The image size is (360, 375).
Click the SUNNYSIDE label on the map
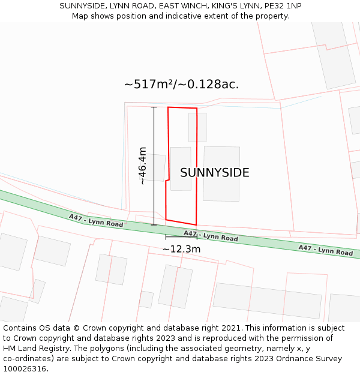(x=214, y=173)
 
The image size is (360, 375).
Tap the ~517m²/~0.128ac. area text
(x=181, y=85)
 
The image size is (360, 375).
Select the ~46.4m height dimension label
(x=142, y=166)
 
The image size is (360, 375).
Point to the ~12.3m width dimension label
(x=181, y=249)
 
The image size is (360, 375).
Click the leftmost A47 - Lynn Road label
(x=96, y=221)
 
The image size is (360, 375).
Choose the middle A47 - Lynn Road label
(x=211, y=236)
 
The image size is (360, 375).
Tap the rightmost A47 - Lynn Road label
(x=325, y=250)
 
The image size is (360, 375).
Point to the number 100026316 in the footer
(x=25, y=369)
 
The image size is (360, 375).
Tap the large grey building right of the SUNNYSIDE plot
(x=221, y=173)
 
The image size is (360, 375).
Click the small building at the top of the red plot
(x=197, y=127)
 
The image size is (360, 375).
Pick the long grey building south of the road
(x=267, y=301)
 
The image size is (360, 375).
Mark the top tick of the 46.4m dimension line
(x=154, y=107)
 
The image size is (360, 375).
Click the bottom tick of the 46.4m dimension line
(x=154, y=225)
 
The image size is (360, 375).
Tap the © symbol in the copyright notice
(x=77, y=328)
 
